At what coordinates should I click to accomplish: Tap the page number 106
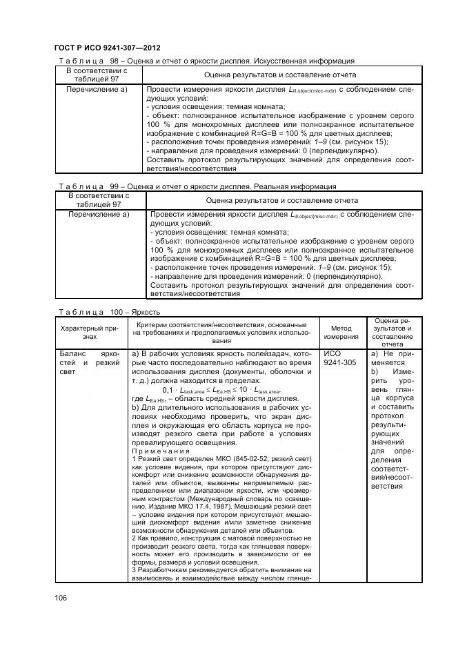click(62, 598)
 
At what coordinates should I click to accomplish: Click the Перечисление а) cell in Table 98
click(97, 89)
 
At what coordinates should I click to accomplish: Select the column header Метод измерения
click(344, 332)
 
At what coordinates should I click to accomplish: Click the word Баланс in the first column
click(72, 353)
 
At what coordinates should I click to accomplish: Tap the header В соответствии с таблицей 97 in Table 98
click(97, 74)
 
